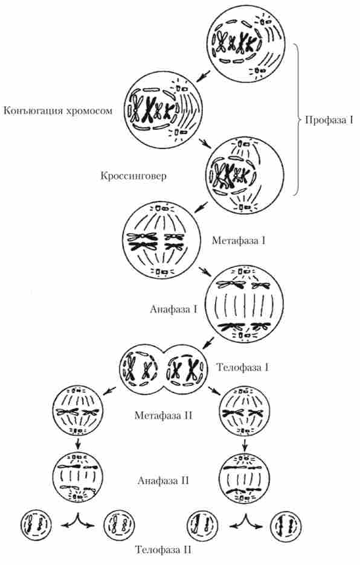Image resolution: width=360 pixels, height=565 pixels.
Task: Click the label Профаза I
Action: [329, 120]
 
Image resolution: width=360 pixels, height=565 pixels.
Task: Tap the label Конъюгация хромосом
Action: [58, 110]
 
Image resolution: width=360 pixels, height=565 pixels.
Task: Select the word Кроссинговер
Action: [133, 176]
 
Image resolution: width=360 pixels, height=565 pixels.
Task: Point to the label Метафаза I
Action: [239, 240]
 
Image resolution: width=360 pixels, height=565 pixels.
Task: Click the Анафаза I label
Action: [173, 309]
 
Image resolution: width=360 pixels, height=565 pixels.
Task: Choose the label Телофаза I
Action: [242, 368]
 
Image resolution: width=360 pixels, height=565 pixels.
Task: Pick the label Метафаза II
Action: [164, 415]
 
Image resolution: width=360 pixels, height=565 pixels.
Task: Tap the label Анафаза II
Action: [163, 480]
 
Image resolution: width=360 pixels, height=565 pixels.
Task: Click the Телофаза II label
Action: [164, 550]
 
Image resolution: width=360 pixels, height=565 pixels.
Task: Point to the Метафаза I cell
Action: [161, 240]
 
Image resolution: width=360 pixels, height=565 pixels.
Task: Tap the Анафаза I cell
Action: [244, 304]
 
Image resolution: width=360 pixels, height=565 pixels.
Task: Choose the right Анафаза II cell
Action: [245, 478]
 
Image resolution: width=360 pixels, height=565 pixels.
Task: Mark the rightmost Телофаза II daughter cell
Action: [286, 526]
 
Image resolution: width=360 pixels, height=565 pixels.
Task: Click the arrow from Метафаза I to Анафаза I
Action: [205, 272]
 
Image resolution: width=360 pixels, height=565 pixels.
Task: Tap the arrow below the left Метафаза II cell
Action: [77, 443]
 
